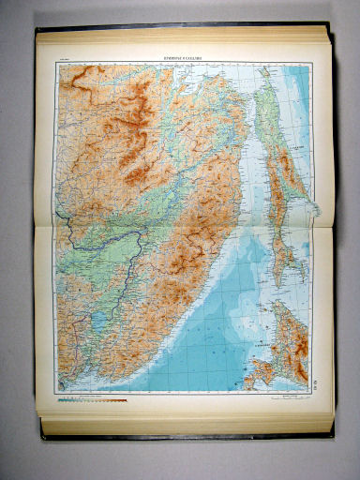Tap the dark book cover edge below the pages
187,435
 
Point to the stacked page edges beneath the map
187,422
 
